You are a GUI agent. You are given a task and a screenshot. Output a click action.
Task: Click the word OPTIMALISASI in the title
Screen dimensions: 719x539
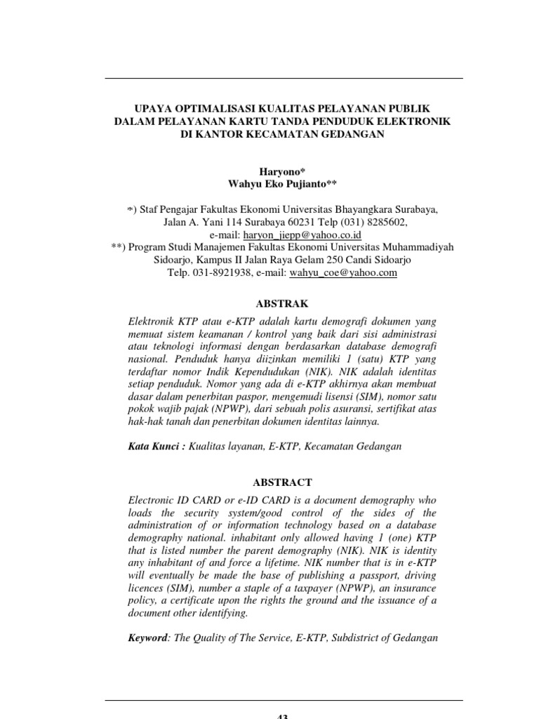pyautogui.click(x=199, y=108)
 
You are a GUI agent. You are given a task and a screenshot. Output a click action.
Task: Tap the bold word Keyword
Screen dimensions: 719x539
pyautogui.click(x=149, y=638)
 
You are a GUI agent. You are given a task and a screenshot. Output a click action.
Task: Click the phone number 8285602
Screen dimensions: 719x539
pyautogui.click(x=385, y=222)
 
